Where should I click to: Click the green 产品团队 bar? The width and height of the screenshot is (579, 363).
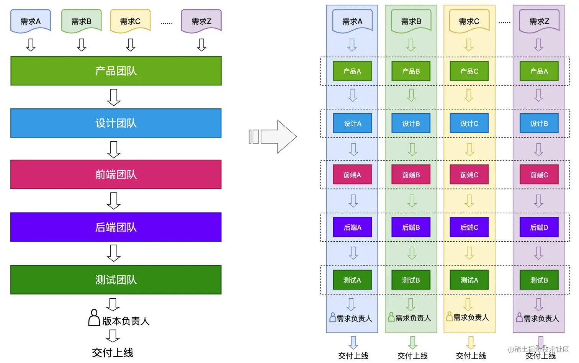[116, 71]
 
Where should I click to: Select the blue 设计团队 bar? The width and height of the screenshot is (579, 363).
[116, 123]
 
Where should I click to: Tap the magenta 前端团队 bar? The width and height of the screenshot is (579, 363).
[116, 175]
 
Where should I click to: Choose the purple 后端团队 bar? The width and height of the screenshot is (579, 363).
[116, 227]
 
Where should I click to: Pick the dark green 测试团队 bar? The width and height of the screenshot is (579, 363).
[116, 280]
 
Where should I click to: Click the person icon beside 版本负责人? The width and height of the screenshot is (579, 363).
[94, 318]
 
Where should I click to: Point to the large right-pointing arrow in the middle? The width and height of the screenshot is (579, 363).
[273, 137]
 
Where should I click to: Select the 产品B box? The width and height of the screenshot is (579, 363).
[411, 71]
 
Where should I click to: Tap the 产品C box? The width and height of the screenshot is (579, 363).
[469, 71]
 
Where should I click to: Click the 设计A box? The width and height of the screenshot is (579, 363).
[352, 123]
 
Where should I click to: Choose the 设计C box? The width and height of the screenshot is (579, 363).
[469, 123]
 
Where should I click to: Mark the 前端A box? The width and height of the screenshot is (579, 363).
[352, 175]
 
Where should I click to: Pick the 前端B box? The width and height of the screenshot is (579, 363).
[411, 175]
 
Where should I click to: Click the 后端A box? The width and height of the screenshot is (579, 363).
[352, 227]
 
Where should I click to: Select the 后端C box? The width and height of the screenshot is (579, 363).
[469, 227]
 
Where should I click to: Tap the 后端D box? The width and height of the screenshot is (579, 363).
[539, 227]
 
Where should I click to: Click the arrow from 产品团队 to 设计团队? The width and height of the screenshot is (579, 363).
[114, 97]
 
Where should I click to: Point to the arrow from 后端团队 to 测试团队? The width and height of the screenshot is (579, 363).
[114, 253]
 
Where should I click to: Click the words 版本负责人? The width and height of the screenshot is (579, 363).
[126, 321]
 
